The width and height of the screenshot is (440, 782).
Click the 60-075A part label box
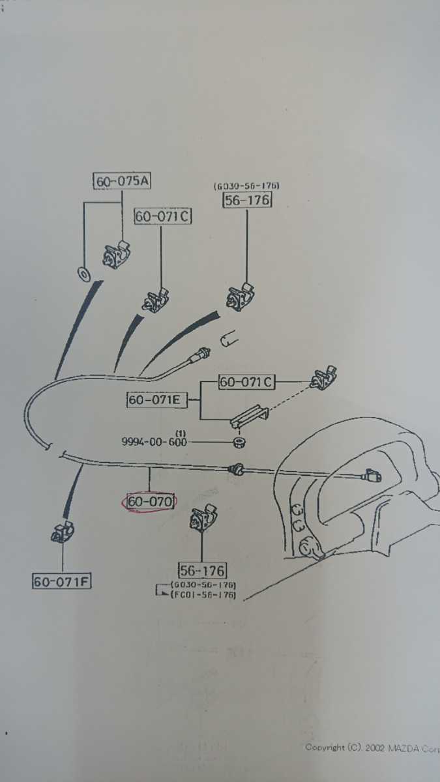click(122, 181)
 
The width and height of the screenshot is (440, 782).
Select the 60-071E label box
click(156, 399)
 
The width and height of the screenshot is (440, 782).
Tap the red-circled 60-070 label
click(150, 502)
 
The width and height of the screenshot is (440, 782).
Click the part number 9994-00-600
click(154, 442)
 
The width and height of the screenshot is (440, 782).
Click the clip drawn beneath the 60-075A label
click(117, 254)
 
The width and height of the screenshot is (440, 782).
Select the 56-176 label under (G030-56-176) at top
click(247, 200)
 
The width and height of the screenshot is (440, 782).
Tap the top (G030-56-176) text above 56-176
click(246, 185)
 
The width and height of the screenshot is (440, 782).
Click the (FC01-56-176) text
click(203, 594)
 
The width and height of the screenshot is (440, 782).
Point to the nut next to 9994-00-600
click(240, 442)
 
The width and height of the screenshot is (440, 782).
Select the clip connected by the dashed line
click(324, 378)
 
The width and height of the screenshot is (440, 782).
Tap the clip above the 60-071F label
click(62, 531)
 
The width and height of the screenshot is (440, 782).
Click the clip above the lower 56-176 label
click(203, 517)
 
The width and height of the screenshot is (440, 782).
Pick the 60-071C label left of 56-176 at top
click(163, 216)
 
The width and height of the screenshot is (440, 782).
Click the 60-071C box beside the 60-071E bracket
click(246, 382)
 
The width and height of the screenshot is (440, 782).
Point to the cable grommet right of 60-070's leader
click(235, 470)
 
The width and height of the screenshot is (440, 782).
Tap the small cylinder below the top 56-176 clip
click(229, 339)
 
